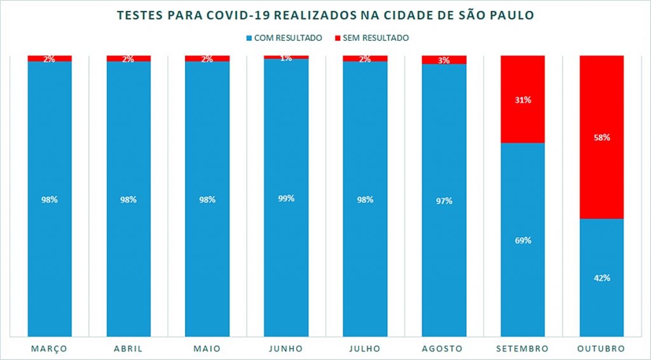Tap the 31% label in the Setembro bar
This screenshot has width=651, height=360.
click(523, 100)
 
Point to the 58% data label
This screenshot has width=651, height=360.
click(601, 137)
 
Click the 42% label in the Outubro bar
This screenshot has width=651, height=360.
click(601, 278)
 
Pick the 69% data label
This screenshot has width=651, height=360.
click(523, 240)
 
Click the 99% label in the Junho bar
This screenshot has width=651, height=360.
click(286, 198)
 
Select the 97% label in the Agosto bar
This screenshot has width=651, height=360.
click(444, 201)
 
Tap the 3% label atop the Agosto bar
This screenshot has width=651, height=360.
click(444, 60)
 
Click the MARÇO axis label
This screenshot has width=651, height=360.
click(50, 349)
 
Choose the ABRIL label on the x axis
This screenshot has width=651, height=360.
click(128, 349)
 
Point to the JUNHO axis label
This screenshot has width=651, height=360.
click(286, 349)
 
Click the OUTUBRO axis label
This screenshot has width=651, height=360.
click(601, 349)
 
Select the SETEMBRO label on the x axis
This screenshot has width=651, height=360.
click(523, 349)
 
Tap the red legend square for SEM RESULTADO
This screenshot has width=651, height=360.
click(337, 38)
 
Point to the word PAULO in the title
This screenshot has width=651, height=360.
click(509, 15)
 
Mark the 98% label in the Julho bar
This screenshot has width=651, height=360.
click(365, 200)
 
